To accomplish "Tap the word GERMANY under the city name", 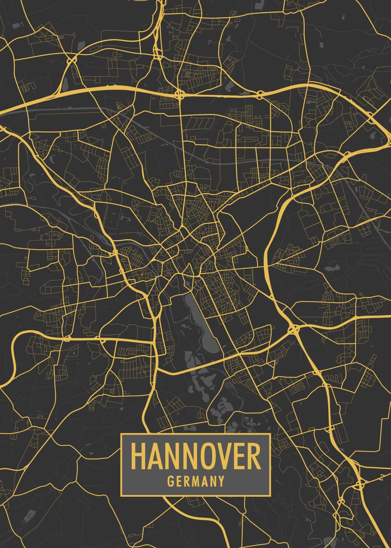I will tap(196, 481).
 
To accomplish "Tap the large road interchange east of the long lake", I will tap(292, 328).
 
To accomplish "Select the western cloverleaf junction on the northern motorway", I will tap(181, 95).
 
